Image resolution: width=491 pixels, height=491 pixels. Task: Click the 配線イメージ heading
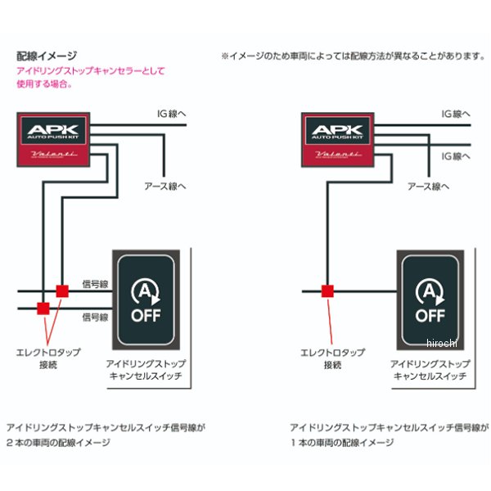pos(47,56)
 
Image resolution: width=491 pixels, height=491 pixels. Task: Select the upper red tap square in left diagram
pos(61,291)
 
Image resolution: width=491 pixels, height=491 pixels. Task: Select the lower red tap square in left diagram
pos(43,308)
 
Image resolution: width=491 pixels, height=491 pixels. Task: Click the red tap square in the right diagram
pos(327,291)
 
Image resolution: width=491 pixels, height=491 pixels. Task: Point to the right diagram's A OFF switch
pos(430,299)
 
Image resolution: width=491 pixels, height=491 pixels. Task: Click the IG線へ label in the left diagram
pos(173,114)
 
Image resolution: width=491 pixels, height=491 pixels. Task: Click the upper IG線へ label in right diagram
pos(457,114)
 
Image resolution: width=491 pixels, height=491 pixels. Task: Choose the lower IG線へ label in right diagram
pos(457,155)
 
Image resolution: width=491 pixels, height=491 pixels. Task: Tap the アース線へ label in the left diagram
pos(165,186)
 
